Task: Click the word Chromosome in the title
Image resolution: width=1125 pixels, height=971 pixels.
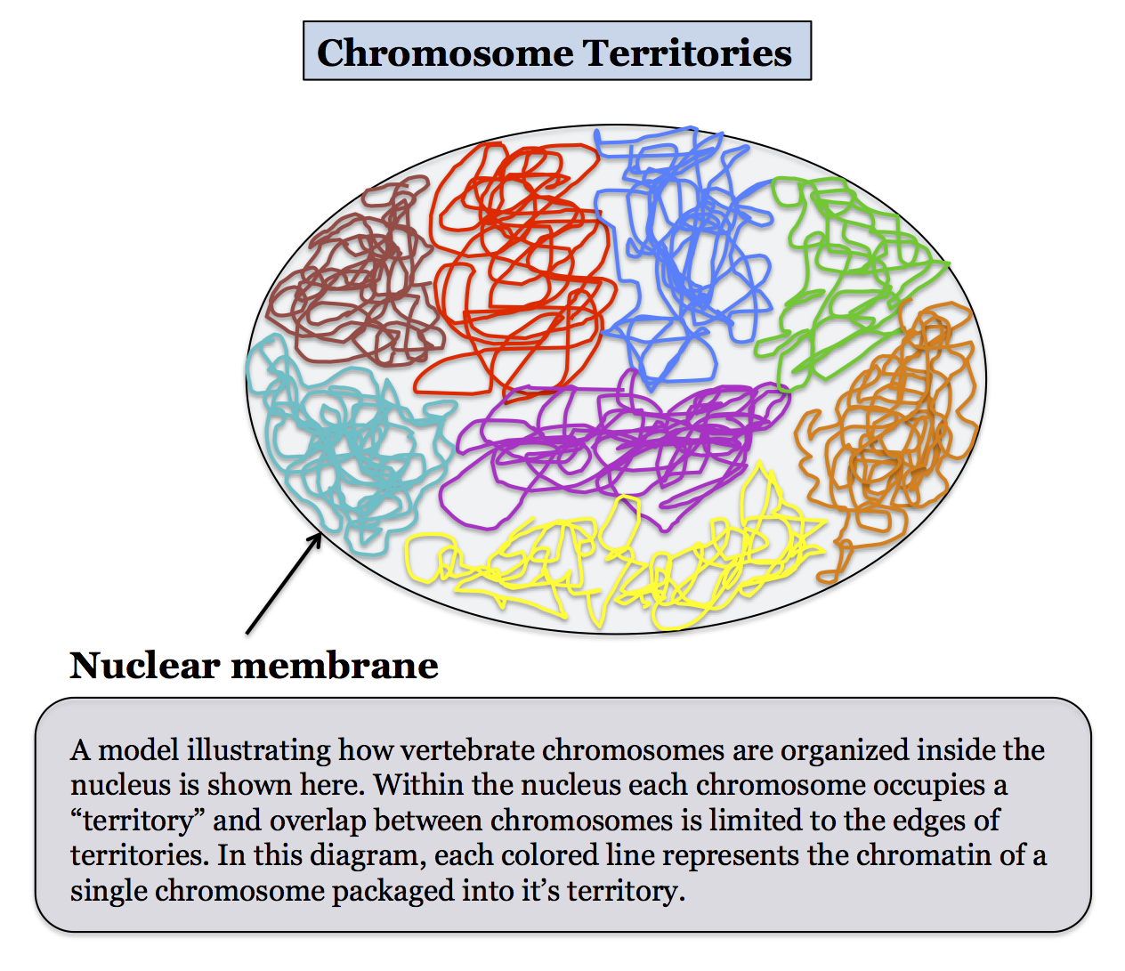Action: coord(445,53)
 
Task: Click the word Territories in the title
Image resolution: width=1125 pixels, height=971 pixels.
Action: coord(686,53)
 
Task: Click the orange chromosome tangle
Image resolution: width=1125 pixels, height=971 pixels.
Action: coord(890,427)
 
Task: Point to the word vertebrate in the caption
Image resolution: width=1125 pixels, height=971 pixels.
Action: coord(481,750)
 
